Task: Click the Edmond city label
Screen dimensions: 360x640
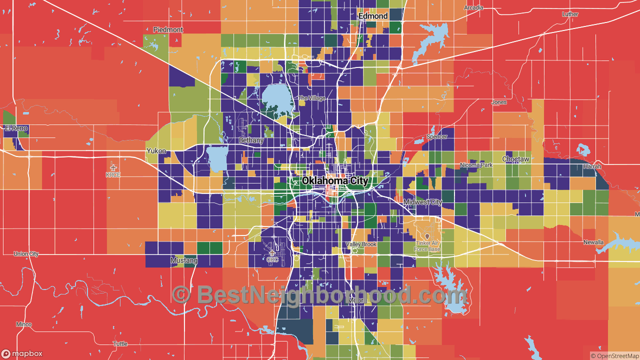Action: click(x=373, y=16)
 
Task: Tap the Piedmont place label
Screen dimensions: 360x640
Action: click(x=168, y=30)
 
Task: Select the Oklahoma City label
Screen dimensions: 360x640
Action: click(x=335, y=180)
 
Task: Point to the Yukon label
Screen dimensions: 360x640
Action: click(x=155, y=150)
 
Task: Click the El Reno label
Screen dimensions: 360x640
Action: click(x=16, y=128)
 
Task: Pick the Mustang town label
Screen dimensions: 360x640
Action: click(x=184, y=260)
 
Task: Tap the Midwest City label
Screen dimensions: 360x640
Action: click(x=422, y=202)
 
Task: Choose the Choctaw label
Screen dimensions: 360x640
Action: click(x=515, y=159)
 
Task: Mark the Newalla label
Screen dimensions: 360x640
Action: click(x=593, y=242)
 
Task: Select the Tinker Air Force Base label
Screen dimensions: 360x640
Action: click(x=427, y=246)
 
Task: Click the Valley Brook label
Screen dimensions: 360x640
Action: click(x=361, y=244)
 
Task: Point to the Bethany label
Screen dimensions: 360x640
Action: click(x=251, y=140)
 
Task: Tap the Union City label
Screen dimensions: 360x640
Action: click(x=26, y=254)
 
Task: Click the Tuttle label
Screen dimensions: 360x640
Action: click(x=120, y=344)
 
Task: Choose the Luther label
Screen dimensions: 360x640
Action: click(x=570, y=14)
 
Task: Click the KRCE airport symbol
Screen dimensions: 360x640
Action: click(x=113, y=167)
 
